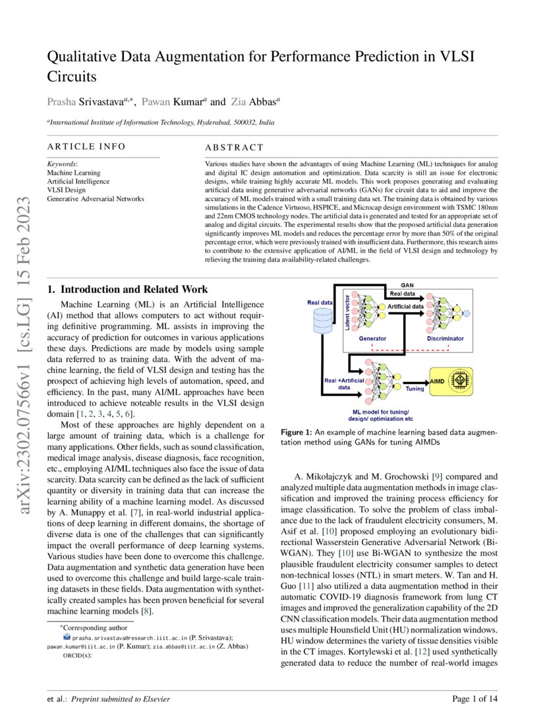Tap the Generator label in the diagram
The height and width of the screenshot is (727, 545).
pyautogui.click(x=372, y=338)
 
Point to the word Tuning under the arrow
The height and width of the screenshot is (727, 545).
pyautogui.click(x=415, y=389)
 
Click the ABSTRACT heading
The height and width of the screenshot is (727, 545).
pyautogui.click(x=234, y=148)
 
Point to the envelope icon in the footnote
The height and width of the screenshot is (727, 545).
pyautogui.click(x=66, y=638)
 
